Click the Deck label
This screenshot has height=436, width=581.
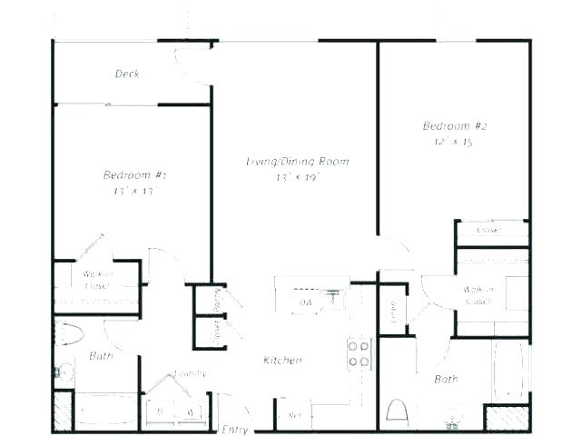[x=127, y=74]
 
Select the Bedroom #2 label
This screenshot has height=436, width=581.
[x=450, y=125]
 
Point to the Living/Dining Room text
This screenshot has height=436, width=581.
[x=298, y=162]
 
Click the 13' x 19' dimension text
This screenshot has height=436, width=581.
[x=298, y=178]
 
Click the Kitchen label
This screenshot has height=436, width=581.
[x=282, y=361]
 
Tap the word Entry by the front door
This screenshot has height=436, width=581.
[x=234, y=428]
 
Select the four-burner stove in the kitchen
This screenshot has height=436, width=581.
[x=359, y=353]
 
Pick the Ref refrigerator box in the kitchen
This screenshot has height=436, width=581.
[x=294, y=414]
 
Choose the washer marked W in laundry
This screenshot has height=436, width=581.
[x=191, y=411]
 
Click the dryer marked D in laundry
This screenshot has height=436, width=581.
[x=162, y=411]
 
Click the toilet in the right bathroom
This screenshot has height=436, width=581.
[x=397, y=411]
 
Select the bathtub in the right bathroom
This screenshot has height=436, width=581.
[x=511, y=370]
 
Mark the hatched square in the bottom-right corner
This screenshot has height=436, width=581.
[x=507, y=417]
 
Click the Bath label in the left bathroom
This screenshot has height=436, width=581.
[x=101, y=356]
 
